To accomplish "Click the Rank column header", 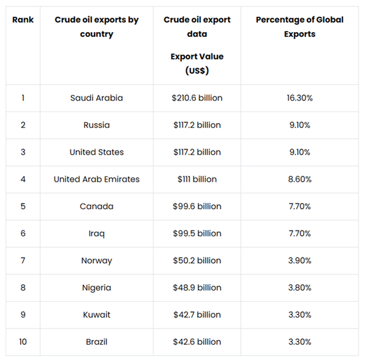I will [23, 20].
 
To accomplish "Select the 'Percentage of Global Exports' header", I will [299, 27].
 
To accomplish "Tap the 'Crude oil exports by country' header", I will [96, 27].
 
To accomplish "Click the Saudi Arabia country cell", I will [96, 98].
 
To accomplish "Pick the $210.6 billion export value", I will [197, 98].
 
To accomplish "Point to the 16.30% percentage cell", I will [299, 98].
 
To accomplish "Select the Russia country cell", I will [96, 125].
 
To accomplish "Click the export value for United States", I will [197, 152].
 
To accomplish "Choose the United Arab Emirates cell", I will [96, 179].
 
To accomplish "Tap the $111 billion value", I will [197, 179].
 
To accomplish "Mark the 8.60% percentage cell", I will [299, 179].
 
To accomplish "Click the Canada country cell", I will [96, 206].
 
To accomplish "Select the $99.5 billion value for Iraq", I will [197, 233].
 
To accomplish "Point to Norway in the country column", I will [96, 261].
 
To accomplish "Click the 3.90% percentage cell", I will [299, 261].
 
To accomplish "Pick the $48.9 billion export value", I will [197, 288].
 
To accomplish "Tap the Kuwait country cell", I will [96, 315].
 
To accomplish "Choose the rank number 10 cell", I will [23, 342].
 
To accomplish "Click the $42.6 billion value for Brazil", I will [197, 342].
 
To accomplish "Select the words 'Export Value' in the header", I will [197, 56].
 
